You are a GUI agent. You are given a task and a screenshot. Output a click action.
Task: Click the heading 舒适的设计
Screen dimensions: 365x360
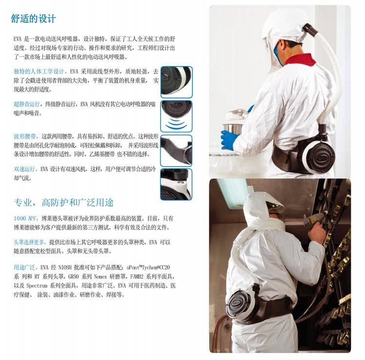pos(33,19)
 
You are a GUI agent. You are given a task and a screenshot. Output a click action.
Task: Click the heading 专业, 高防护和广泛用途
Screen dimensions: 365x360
pos(64,203)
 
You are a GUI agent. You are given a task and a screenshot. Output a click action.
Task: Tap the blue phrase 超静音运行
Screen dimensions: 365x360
pos(27,104)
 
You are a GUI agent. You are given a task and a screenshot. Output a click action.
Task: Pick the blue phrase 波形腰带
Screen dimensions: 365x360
pos(24,136)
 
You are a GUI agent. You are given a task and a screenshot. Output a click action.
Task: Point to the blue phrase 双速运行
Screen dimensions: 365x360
pos(24,169)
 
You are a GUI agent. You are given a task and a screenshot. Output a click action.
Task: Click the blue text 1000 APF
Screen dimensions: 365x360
pos(25,219)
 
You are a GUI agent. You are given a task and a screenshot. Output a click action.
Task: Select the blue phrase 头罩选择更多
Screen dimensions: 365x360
pos(29,242)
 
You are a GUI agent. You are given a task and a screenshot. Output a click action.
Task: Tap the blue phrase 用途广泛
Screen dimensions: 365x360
pos(24,267)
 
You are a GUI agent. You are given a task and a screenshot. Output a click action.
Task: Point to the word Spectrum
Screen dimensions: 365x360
pos(36,285)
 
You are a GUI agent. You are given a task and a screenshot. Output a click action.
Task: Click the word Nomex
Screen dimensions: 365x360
pos(100,277)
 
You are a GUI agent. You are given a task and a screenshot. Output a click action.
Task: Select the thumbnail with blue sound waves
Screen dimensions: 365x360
pos(176,116)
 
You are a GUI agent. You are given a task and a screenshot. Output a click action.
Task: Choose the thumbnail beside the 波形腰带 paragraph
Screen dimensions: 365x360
pos(176,151)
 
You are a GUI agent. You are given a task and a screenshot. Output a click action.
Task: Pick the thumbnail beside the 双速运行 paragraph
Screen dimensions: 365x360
pos(176,185)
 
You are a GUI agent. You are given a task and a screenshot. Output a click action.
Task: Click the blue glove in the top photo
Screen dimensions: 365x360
pos(229,140)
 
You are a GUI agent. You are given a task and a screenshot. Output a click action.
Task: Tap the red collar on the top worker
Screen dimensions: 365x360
pos(300,59)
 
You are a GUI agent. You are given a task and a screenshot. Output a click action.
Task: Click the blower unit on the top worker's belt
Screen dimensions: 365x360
pos(318,155)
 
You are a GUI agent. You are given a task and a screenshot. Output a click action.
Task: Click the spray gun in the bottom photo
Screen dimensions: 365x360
pos(313,219)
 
